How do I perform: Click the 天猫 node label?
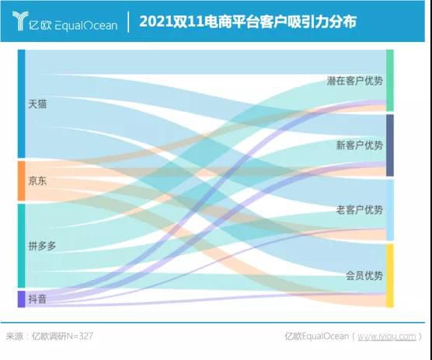coord(37,103)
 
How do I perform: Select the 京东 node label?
coord(37,181)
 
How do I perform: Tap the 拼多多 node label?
coord(42,246)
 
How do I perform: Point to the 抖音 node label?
coord(37,298)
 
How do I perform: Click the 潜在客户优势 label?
coord(354,81)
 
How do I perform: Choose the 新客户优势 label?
coord(359,145)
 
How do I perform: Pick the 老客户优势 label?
coord(359,210)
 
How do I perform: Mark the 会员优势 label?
coord(364,275)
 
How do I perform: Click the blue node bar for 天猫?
coord(22,104)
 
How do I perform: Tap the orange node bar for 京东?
coord(22,181)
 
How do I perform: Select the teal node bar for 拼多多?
coord(22,246)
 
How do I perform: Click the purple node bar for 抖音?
coord(22,299)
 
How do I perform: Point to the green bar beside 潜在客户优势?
coord(390,81)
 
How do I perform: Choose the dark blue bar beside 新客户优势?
coord(390,145)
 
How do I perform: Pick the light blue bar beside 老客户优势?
coord(390,210)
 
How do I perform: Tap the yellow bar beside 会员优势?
coord(390,275)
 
